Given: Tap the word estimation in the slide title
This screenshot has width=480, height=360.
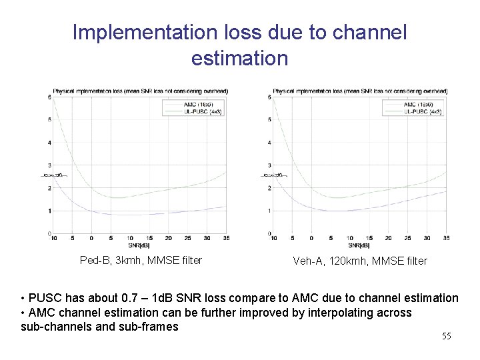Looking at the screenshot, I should [239, 59].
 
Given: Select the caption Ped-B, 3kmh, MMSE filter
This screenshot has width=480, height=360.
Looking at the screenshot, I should [141, 260].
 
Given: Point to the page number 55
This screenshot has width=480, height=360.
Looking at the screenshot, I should [446, 336].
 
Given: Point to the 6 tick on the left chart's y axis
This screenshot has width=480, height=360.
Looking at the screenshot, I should [50, 97].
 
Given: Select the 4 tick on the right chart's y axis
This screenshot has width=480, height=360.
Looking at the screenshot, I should [270, 143].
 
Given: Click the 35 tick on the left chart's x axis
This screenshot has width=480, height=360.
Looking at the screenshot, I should [225, 237].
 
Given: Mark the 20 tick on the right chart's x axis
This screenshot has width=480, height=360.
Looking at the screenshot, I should [388, 237].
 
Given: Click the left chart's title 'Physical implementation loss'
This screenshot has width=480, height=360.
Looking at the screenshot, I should [141, 91].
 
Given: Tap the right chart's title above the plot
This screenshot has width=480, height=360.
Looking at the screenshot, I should [360, 91].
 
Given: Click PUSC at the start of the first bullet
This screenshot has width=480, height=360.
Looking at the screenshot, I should [43, 298].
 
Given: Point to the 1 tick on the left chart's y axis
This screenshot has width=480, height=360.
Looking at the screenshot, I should [50, 211].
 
